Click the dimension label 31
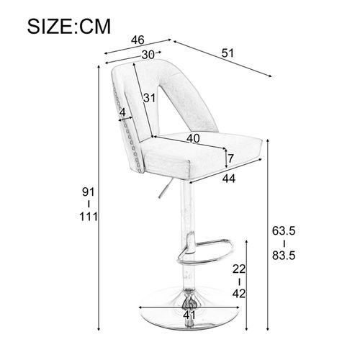click(x=150, y=99)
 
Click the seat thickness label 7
click(x=231, y=158)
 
